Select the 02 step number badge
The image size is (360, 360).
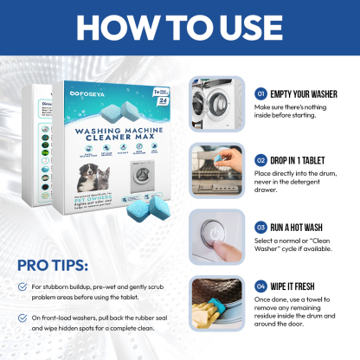coord(260,159)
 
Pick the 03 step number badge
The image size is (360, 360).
coord(260,226)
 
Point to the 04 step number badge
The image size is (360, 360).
coord(260,286)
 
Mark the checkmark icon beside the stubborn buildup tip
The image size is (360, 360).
coord(22,288)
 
